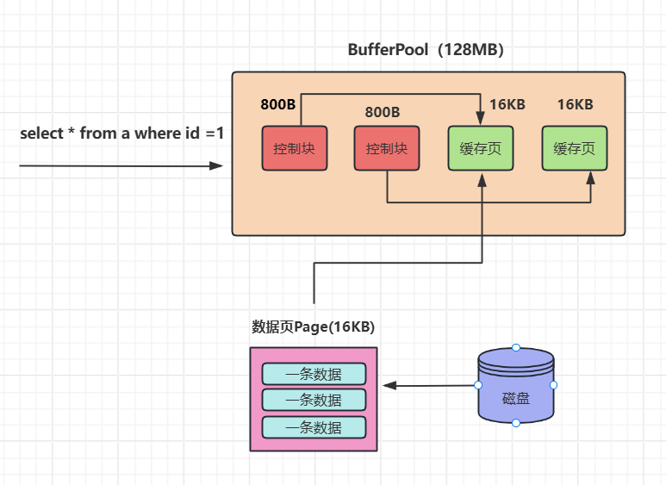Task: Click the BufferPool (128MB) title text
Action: point(426,50)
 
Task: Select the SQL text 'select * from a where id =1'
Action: point(121,134)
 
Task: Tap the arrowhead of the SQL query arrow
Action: point(216,165)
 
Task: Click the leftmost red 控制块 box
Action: point(294,148)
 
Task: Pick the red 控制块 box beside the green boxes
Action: point(387,148)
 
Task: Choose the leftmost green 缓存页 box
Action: point(481,148)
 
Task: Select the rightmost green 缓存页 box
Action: point(574,148)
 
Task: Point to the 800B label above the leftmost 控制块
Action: point(278,105)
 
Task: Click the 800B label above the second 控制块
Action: point(383,112)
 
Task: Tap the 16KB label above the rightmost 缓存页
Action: point(575,105)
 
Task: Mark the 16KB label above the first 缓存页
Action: point(507,105)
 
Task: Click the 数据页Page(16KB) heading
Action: point(313,327)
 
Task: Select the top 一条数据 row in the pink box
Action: point(314,374)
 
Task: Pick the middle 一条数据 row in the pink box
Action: point(314,400)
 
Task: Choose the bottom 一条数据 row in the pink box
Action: point(314,427)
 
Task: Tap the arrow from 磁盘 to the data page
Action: point(431,385)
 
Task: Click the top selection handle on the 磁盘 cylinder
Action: point(515,347)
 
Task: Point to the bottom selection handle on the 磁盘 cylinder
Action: point(515,423)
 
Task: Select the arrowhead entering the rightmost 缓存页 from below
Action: point(591,177)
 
